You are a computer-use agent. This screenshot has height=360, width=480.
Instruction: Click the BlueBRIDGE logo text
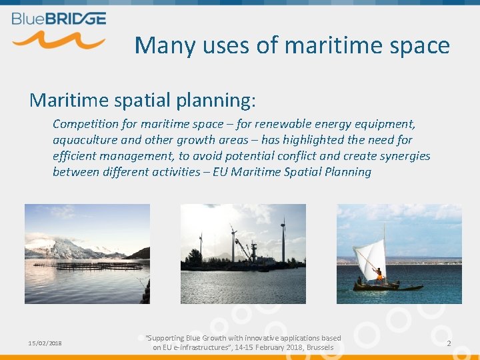[59, 18]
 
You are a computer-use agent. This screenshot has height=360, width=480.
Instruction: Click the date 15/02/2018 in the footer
[45, 343]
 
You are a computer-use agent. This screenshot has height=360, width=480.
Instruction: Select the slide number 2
[449, 343]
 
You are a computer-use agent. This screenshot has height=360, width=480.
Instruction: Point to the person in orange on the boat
[379, 274]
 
